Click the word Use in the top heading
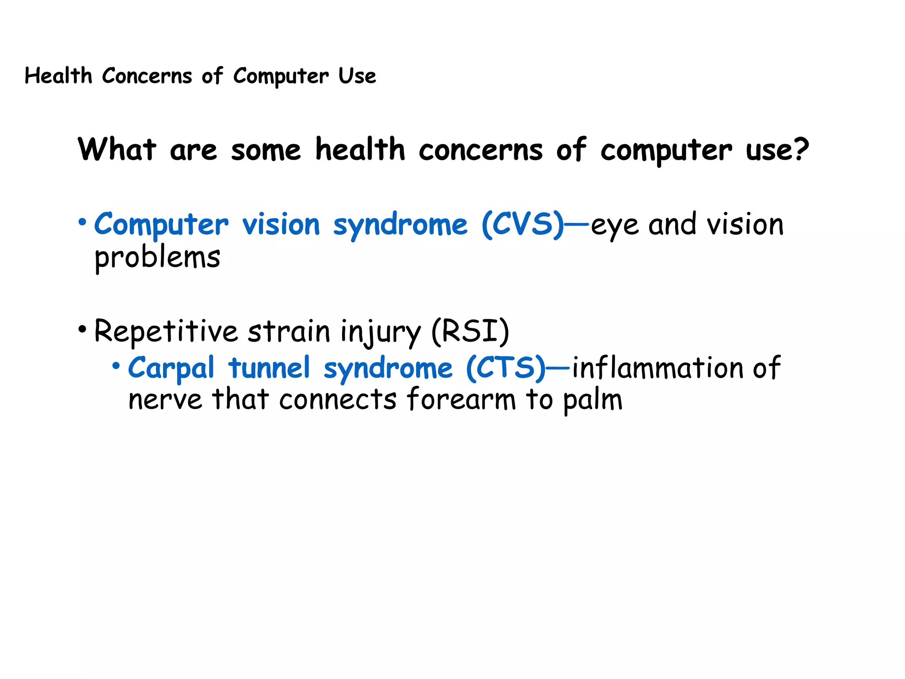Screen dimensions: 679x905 coord(357,76)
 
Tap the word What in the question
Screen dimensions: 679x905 coord(117,149)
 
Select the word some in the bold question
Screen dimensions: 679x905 coord(266,150)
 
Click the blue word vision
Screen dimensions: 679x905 coord(281,225)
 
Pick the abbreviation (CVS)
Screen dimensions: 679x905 coord(523,225)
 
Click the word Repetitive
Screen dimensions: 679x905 coord(166,332)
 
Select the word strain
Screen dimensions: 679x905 coord(289,332)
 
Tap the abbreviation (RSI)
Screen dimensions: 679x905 coord(470,332)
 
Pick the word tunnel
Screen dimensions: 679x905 coord(269,368)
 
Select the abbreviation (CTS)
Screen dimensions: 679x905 coord(506,368)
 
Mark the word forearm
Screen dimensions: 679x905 coord(461,400)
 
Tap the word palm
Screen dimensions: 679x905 coord(593,401)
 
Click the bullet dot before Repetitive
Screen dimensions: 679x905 coord(82,329)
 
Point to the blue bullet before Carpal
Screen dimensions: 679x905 coord(116,366)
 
